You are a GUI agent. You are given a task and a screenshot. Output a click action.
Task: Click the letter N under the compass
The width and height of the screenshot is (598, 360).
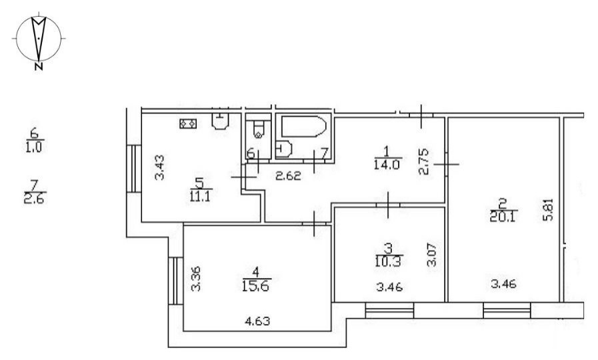click(38, 67)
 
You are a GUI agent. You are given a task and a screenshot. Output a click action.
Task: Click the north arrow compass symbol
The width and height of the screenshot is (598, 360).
click(39, 39)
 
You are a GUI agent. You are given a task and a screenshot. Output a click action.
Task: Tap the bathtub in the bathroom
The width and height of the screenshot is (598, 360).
click(304, 126)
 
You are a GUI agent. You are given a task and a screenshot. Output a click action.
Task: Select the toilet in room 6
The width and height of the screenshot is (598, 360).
click(259, 129)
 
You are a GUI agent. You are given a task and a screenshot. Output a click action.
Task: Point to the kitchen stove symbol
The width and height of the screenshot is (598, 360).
click(188, 123)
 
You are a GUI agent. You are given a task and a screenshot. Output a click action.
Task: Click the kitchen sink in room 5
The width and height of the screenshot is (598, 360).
click(221, 121)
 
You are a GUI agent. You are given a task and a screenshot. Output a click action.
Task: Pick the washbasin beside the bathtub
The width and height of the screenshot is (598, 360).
click(283, 149)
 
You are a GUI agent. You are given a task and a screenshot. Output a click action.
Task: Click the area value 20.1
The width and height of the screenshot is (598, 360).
click(503, 217)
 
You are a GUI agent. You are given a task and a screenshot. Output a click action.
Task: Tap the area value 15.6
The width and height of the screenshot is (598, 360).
click(255, 285)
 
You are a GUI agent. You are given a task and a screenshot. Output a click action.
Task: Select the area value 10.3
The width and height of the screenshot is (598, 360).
click(388, 262)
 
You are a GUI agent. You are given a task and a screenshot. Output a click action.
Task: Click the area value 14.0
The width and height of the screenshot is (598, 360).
click(387, 165)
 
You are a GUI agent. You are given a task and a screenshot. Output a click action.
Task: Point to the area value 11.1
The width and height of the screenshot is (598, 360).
click(200, 197)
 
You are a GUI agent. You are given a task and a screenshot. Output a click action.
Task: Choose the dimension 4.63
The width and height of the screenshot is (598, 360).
click(257, 321)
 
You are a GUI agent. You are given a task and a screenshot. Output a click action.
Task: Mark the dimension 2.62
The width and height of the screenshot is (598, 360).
click(288, 176)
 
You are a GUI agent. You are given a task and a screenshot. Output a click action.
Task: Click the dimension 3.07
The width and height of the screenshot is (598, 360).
click(432, 255)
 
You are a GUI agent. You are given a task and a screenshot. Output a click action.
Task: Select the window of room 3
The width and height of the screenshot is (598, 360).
click(389, 310)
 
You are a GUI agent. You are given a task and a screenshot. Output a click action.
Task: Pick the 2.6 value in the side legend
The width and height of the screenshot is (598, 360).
click(35, 199)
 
